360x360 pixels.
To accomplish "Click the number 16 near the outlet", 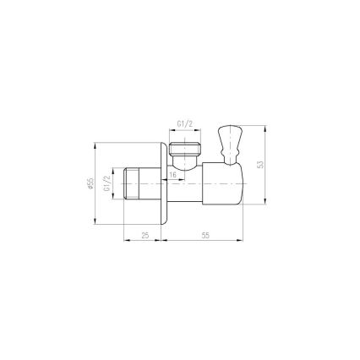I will pyautogui.click(x=172, y=174).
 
